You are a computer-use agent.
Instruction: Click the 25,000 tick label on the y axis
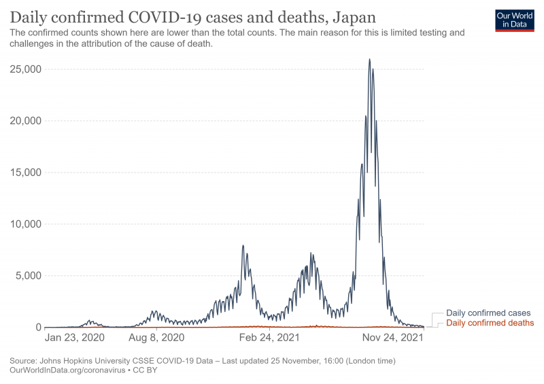coord(24,69)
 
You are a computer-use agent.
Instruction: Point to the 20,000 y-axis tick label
coord(24,121)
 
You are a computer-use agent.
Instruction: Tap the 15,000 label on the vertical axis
coord(24,173)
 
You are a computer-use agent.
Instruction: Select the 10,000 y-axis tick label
coord(24,224)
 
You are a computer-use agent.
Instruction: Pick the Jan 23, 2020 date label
coord(75,337)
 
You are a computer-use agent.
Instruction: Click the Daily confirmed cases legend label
coord(488,313)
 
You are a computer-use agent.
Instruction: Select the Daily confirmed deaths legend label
coord(490,323)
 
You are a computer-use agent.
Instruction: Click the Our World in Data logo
coord(515,20)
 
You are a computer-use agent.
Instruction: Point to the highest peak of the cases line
coord(369,59)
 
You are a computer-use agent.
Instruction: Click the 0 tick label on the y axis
coord(39,328)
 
